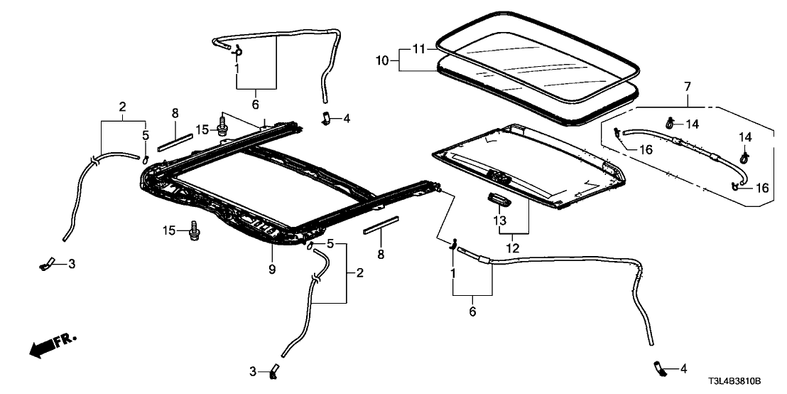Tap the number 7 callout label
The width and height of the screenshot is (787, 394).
click(686, 87)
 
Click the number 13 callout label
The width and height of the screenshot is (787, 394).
click(500, 221)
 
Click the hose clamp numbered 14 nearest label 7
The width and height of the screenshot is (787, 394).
click(669, 124)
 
